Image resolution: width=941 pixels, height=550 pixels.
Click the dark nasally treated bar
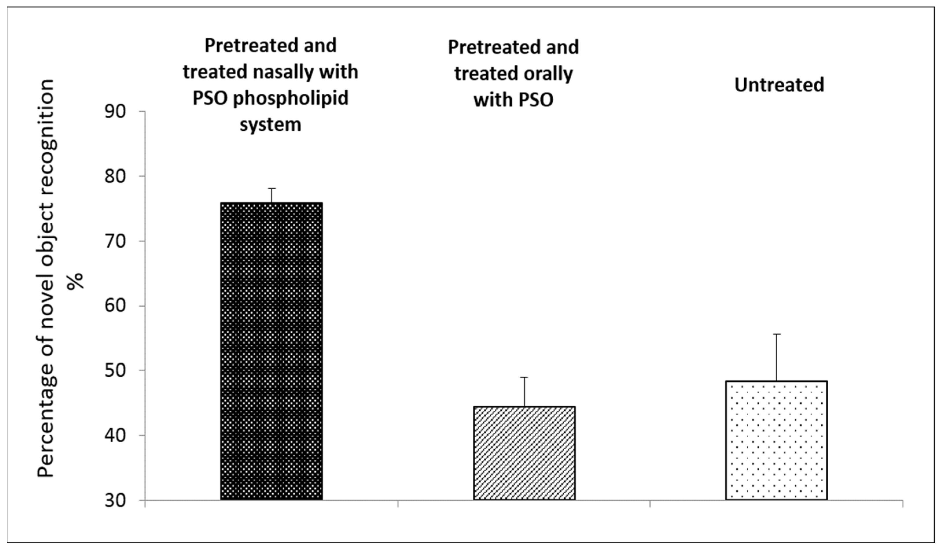point(271,351)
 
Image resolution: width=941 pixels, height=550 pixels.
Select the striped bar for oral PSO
point(524,452)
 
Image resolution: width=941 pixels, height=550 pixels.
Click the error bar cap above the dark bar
point(271,189)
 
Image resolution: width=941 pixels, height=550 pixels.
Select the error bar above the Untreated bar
point(777,356)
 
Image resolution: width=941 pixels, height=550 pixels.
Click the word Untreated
point(779,85)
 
